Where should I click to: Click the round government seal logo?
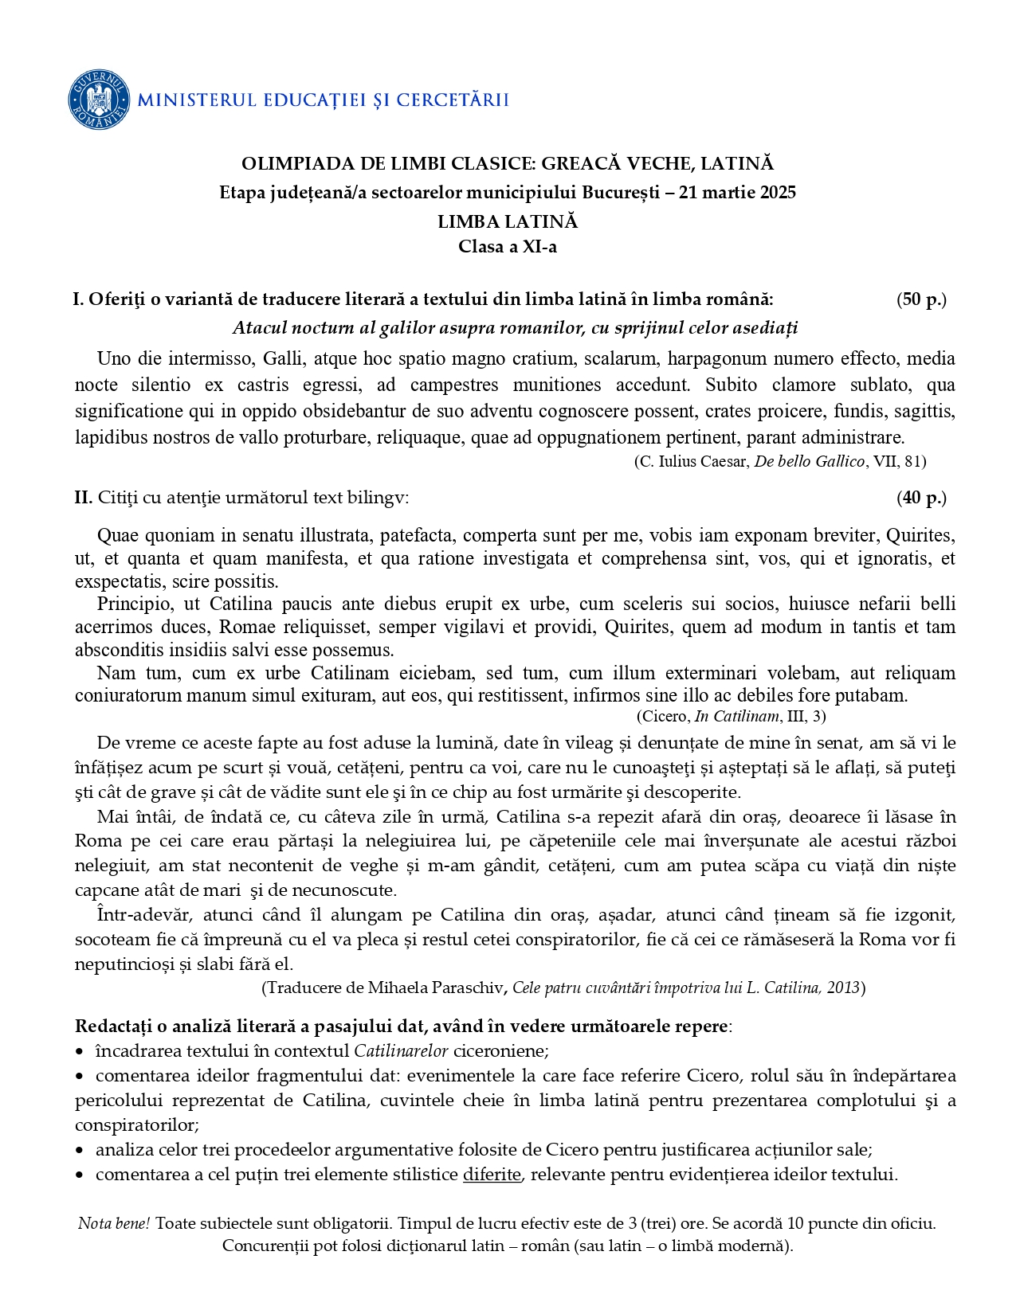[x=99, y=100]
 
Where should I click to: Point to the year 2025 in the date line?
[x=777, y=192]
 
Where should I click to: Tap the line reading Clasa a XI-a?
[x=508, y=246]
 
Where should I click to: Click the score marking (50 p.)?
[x=921, y=299]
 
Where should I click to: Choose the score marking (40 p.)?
[x=921, y=498]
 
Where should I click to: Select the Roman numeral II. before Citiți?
[x=84, y=498]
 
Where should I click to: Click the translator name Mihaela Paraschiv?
[x=435, y=987]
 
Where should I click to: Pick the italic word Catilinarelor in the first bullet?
[x=402, y=1050]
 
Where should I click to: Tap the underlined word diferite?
[x=492, y=1175]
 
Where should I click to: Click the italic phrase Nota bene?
[x=114, y=1223]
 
